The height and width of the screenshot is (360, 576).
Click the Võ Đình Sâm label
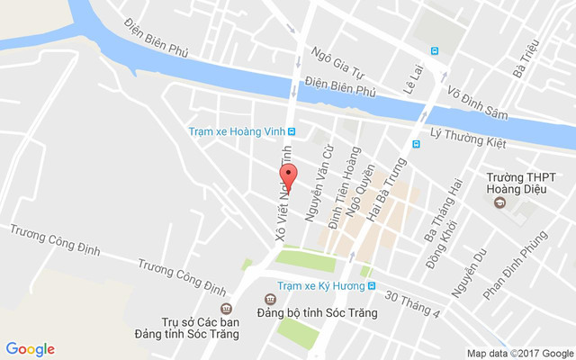point(479,101)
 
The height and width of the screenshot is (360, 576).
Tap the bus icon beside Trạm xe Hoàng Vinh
point(292,130)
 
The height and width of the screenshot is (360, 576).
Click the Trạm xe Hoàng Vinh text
point(236,130)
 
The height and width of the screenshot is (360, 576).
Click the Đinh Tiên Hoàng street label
point(343,198)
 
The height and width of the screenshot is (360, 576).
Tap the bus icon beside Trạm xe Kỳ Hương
point(371,285)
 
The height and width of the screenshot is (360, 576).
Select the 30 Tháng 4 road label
point(412,303)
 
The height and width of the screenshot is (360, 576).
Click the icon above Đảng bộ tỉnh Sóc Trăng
point(268,299)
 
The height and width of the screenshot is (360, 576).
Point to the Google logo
point(30,349)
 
